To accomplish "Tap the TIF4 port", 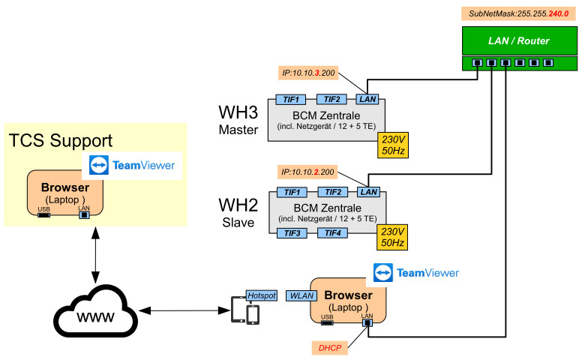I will point(333,233).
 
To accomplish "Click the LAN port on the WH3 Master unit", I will point(367,99).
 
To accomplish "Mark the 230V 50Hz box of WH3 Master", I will point(393,145).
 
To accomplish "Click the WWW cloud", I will point(95,313).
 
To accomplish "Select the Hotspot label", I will point(262,295).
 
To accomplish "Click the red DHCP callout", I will point(328,347).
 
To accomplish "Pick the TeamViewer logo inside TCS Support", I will point(132,165).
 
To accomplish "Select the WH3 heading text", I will point(238,112).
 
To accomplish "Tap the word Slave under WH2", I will point(238,223).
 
